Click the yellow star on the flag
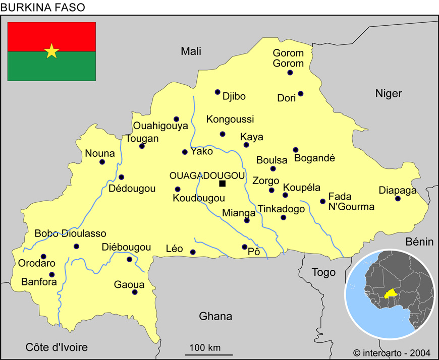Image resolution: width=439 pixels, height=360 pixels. [x=51, y=51]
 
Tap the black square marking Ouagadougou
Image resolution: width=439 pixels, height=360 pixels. [x=222, y=184]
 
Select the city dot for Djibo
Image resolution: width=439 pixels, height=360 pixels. [x=217, y=92]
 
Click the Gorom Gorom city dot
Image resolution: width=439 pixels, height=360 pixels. [x=290, y=73]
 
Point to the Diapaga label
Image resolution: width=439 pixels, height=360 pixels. [x=398, y=190]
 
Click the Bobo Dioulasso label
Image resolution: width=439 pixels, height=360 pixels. [x=70, y=233]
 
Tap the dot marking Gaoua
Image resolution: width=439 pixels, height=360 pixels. [x=135, y=292]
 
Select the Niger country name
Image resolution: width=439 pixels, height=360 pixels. [x=389, y=93]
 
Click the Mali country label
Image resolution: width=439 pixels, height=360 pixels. [x=191, y=51]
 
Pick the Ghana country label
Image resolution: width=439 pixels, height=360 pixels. [x=215, y=316]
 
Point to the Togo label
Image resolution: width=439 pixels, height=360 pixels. [x=323, y=273]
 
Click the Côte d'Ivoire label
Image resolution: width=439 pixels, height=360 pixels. [x=57, y=347]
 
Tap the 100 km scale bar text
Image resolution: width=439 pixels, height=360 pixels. [x=205, y=347]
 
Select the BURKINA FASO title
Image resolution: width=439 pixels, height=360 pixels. [x=43, y=7]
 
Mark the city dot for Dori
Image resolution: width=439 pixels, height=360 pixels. [x=301, y=93]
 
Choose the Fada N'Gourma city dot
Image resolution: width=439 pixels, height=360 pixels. [x=322, y=201]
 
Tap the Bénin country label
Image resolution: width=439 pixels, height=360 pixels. [x=419, y=242]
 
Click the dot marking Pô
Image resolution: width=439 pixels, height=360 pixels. [x=245, y=247]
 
